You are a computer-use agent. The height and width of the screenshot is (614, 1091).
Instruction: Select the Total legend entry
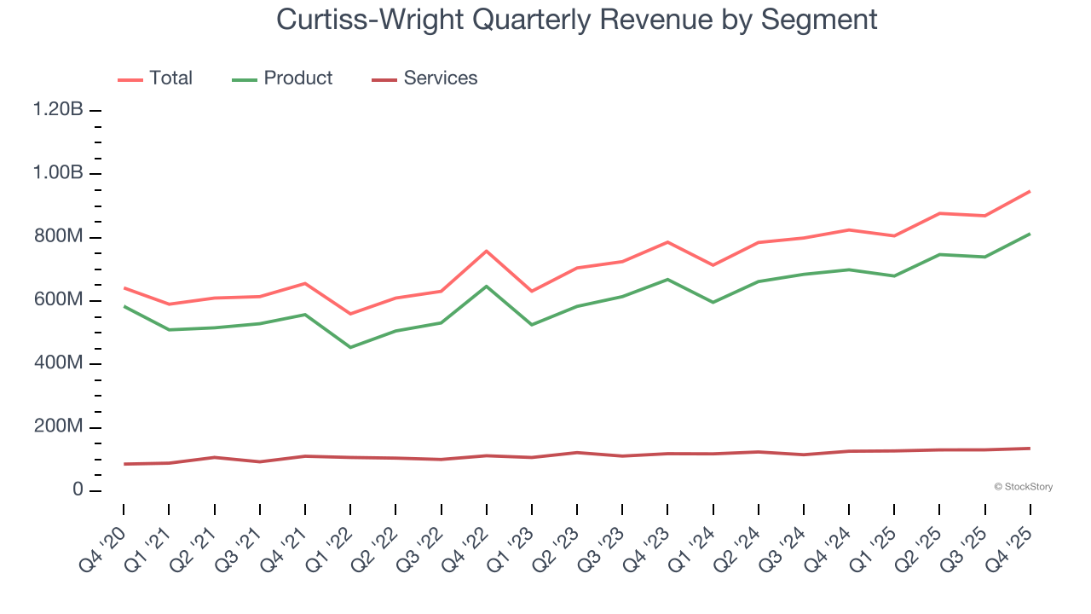click(155, 78)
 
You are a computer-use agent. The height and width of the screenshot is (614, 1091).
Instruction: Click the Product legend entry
click(282, 78)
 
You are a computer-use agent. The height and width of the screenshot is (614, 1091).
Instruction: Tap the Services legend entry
click(424, 78)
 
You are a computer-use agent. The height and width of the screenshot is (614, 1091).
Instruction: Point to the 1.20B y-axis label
click(58, 110)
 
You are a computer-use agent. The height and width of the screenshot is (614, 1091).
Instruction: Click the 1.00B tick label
click(58, 173)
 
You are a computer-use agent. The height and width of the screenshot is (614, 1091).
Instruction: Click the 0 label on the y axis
click(78, 490)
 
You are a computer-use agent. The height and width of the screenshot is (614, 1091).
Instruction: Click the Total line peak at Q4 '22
click(486, 251)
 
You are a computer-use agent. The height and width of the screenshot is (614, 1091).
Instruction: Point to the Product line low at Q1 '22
click(350, 347)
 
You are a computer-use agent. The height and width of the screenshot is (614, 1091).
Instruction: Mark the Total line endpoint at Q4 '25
click(1030, 191)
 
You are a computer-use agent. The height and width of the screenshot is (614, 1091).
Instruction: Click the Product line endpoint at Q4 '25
click(1030, 234)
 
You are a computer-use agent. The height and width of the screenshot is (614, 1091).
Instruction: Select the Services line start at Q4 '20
click(124, 464)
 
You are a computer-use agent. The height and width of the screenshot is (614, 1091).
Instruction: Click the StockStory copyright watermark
click(1023, 487)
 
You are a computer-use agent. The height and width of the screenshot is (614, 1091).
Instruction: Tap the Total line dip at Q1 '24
click(713, 265)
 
